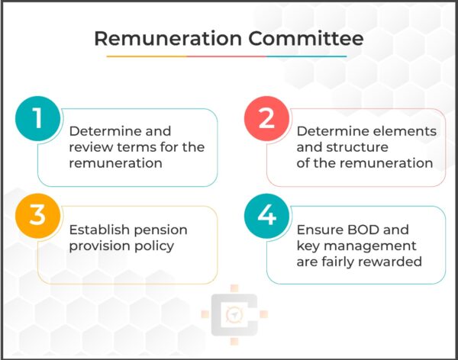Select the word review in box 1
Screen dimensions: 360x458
click(90, 147)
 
